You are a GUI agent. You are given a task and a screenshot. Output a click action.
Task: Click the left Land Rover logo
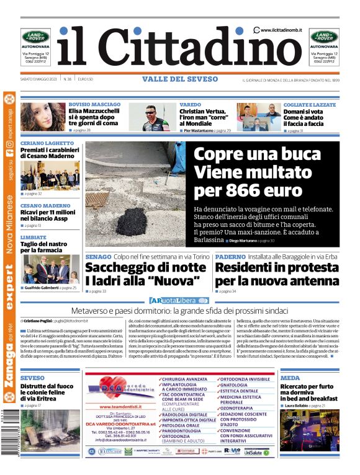coord(36,36)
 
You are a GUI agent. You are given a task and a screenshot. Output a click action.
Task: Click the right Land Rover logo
coord(325,36)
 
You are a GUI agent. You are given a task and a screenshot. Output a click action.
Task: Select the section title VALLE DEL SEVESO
coord(179,79)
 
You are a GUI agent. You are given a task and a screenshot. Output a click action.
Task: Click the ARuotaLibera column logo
coord(179,300)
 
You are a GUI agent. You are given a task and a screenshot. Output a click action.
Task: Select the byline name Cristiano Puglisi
coord(37,321)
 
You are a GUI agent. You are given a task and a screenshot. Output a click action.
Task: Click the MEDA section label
coord(290,378)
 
